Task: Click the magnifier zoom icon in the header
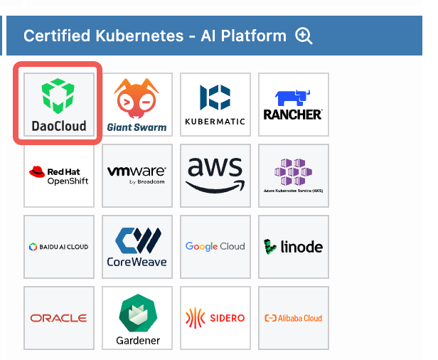click(x=304, y=36)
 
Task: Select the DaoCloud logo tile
click(x=59, y=104)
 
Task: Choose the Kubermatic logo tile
click(x=215, y=104)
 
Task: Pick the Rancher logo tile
click(x=293, y=104)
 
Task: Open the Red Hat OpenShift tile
click(x=59, y=175)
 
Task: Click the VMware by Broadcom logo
click(x=137, y=175)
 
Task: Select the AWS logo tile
click(x=215, y=175)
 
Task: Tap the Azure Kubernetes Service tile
click(x=293, y=175)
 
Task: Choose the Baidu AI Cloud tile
click(x=59, y=246)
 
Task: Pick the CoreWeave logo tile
click(x=137, y=246)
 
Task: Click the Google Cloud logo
click(x=215, y=246)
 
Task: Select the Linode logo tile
click(x=293, y=246)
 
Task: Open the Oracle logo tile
click(x=59, y=317)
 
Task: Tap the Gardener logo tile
click(x=137, y=317)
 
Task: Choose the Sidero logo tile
click(x=215, y=317)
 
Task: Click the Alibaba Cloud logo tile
click(x=293, y=317)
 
